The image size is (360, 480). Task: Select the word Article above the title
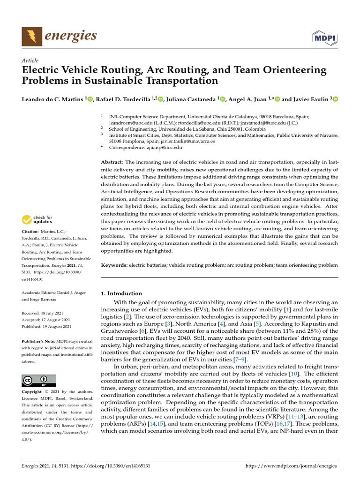pyautogui.click(x=30, y=61)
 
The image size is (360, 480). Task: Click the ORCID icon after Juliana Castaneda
pyautogui.click(x=223, y=99)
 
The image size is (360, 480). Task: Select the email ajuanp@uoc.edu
pyautogui.click(x=165, y=147)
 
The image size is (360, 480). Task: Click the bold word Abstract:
pyautogui.click(x=112, y=162)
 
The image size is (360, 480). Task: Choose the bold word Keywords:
pyautogui.click(x=114, y=265)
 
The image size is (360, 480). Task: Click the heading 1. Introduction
pyautogui.click(x=121, y=293)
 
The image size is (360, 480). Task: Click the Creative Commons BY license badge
pyautogui.click(x=39, y=380)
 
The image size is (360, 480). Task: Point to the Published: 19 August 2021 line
pyautogui.click(x=47, y=326)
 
